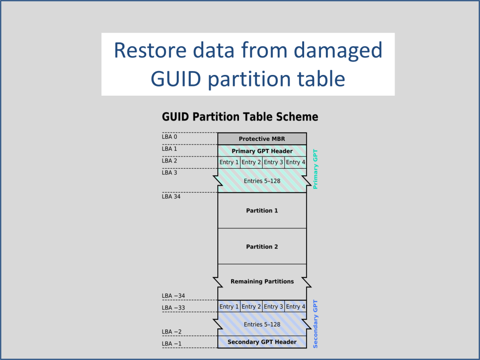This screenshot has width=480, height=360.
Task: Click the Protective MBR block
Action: click(262, 139)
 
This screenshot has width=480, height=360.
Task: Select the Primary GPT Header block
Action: click(262, 151)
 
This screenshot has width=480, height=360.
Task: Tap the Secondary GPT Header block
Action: click(262, 342)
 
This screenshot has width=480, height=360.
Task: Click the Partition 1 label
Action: click(262, 211)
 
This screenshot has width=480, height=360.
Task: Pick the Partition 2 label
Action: click(262, 246)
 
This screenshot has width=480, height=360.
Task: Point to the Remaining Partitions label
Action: click(262, 281)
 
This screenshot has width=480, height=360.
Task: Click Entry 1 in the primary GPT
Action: click(229, 162)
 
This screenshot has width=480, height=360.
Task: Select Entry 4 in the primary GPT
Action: click(296, 162)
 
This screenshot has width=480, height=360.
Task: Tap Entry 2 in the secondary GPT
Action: click(251, 307)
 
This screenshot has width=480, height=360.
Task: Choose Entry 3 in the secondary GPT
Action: click(273, 307)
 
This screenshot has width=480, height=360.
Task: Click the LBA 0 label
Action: click(169, 137)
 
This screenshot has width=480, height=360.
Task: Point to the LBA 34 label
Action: click(171, 196)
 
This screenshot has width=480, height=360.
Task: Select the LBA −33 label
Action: click(173, 308)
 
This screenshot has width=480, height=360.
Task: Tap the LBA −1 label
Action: click(171, 344)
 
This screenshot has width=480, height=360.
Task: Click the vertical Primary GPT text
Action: click(316, 169)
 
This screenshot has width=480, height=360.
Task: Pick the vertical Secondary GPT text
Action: click(316, 324)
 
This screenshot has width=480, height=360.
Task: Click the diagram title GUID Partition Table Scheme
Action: click(240, 117)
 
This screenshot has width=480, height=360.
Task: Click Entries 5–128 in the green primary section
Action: click(262, 180)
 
